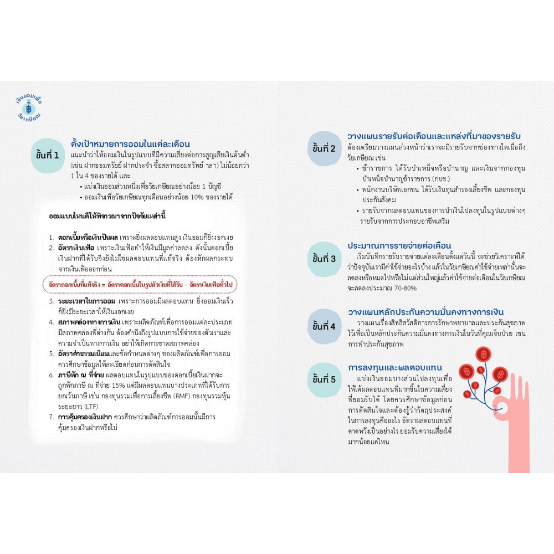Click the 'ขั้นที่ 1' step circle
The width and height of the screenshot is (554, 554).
click(48, 155)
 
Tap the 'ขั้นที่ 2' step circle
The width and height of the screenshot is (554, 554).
click(324, 148)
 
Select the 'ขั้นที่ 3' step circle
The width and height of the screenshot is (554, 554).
click(324, 259)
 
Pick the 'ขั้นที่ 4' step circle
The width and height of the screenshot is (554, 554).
click(324, 326)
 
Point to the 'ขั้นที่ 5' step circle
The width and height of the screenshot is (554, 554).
click(324, 379)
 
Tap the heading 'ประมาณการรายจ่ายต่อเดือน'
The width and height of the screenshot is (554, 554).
click(399, 245)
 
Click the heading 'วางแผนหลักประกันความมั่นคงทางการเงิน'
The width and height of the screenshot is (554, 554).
click(425, 312)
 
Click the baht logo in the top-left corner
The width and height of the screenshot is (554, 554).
click(33, 108)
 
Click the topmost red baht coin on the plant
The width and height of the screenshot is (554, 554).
click(484, 353)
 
